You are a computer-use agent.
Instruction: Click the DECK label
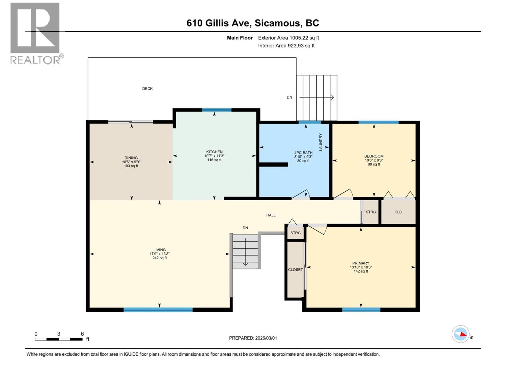(147, 89)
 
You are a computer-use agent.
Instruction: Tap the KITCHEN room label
(214, 152)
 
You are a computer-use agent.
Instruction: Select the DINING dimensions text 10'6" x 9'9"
(131, 162)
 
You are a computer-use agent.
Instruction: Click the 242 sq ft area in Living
(159, 258)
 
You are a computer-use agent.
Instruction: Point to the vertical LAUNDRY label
(320, 142)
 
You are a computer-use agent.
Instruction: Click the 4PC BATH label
(303, 153)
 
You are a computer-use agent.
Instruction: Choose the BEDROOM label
(374, 156)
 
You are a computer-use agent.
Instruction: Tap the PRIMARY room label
(361, 263)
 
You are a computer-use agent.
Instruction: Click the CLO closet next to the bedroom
(398, 212)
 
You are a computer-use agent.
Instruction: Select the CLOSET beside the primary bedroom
(295, 269)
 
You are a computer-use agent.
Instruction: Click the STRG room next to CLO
(371, 212)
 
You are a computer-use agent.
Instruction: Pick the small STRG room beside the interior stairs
(295, 233)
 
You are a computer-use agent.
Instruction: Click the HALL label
(271, 215)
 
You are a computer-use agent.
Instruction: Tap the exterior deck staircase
(317, 98)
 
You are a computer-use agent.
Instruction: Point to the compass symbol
(460, 334)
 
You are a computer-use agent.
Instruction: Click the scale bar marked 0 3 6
(59, 339)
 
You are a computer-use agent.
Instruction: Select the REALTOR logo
(35, 33)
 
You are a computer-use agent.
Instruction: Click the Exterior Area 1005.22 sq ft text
(288, 38)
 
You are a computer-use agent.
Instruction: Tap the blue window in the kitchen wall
(217, 110)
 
